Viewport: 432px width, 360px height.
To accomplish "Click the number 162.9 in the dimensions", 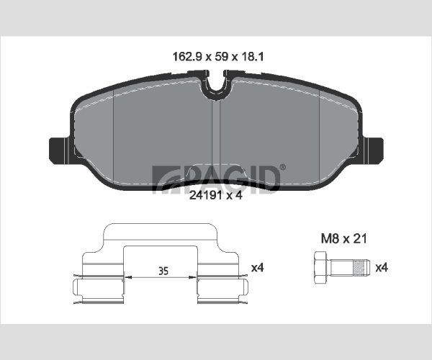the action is pos(187,57).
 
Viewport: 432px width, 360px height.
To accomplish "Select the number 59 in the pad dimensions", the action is pos(221,57).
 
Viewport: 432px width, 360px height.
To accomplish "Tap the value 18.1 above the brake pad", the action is pos(253,57).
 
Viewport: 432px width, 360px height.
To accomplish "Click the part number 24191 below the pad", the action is pos(205,195).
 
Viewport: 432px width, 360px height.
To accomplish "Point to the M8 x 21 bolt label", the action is pos(344,238).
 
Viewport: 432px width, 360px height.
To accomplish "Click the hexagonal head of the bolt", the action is pos(320,267).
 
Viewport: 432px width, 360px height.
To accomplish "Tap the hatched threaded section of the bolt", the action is pos(358,268).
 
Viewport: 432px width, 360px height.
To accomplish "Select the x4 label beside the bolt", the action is pos(382,267).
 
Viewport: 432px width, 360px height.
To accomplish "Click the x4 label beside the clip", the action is pos(257,267).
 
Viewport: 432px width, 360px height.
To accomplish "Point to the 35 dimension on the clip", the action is pos(163,271).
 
